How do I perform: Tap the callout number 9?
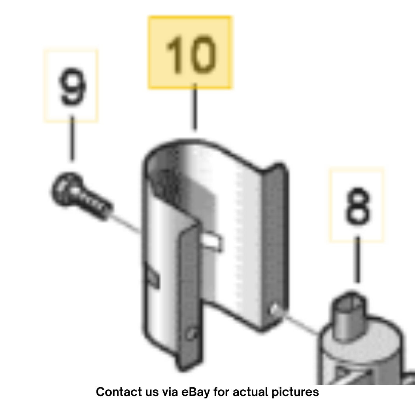72,86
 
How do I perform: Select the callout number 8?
357,206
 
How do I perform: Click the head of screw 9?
66,189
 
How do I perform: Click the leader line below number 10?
195,106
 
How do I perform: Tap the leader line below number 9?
72,138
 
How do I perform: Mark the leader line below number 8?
357,259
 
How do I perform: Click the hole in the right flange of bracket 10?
275,309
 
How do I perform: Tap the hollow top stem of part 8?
349,315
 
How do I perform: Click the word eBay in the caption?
196,392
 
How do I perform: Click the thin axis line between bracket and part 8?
300,324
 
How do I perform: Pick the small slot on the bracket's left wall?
152,276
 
